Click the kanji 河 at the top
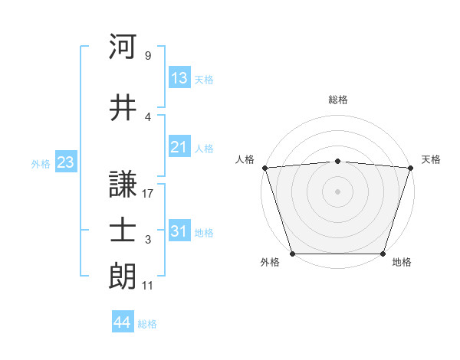(123, 47)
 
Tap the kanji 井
(123, 108)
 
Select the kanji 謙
(123, 185)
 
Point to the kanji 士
(123, 231)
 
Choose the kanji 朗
(123, 277)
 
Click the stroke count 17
(148, 194)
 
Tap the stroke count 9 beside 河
(148, 56)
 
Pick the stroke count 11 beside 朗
(148, 286)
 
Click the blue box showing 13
(179, 77)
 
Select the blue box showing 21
(179, 146)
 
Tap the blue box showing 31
(179, 231)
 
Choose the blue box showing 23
(65, 162)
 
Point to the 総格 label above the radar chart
(338, 100)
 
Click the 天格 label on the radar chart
(431, 159)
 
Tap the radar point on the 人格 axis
(264, 168)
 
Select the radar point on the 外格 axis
(293, 253)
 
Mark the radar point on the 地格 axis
(383, 253)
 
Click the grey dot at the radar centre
(338, 191)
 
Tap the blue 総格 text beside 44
(147, 324)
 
